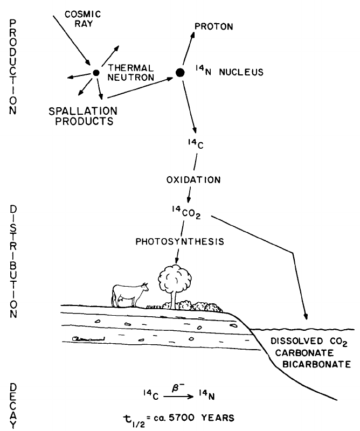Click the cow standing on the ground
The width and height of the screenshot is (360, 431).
129,294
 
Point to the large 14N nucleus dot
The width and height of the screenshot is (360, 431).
181,72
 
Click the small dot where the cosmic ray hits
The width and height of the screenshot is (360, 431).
96,73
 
